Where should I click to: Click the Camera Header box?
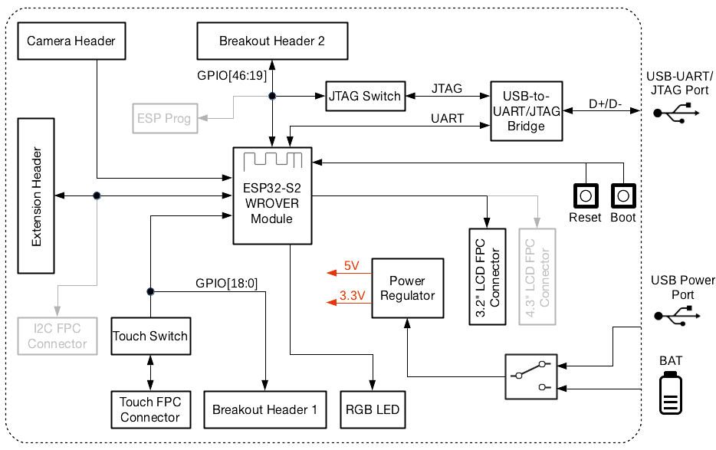[x=71, y=41]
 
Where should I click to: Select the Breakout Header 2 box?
[x=271, y=41]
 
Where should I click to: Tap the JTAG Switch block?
[x=364, y=96]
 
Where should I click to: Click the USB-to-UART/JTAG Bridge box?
[x=526, y=111]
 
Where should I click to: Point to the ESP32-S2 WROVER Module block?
[x=273, y=196]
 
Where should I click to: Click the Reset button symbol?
[x=586, y=195]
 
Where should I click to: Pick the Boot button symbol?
[x=623, y=195]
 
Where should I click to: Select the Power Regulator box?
[x=407, y=288]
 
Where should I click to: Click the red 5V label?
[x=351, y=266]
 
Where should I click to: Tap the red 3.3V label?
[x=351, y=296]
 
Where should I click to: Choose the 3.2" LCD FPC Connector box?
[x=487, y=276]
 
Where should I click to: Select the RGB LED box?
[x=373, y=409]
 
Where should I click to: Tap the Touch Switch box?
[x=150, y=336]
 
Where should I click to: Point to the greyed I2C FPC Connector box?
[x=57, y=336]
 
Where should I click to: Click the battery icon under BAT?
[x=671, y=393]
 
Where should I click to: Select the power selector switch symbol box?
[x=531, y=376]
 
